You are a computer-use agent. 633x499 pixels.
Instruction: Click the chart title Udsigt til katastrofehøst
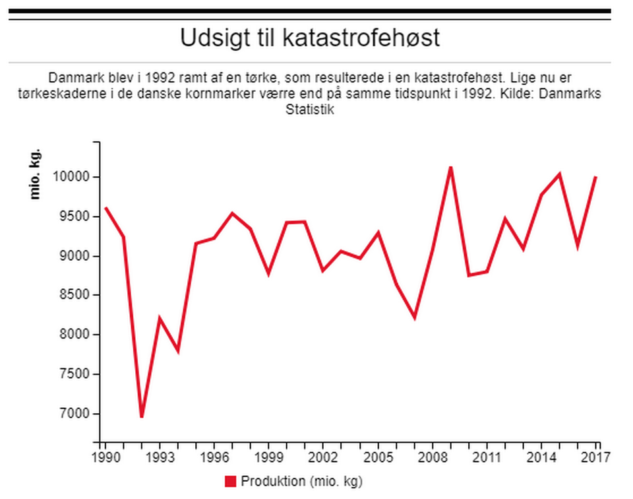click(310, 38)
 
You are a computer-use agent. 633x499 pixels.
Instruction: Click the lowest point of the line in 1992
click(142, 416)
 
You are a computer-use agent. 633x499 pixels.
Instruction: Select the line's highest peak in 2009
click(451, 167)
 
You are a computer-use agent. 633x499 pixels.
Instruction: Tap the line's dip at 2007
click(415, 317)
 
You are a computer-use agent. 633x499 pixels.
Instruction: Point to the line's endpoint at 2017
click(596, 177)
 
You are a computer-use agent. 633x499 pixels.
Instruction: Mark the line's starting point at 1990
click(105, 208)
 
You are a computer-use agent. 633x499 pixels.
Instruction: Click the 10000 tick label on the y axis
click(71, 177)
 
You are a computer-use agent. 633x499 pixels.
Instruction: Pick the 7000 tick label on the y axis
click(74, 414)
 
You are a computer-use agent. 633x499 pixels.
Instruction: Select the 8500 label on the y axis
click(74, 295)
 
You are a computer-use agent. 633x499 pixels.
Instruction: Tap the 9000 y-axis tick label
click(74, 256)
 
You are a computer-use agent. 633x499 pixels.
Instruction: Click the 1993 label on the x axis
click(160, 457)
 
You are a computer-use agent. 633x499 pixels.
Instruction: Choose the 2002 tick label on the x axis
click(323, 457)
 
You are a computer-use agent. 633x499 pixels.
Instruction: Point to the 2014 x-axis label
click(541, 457)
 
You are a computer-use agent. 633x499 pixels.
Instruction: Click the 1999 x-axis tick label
click(268, 457)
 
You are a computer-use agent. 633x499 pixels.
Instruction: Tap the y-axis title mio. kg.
click(35, 174)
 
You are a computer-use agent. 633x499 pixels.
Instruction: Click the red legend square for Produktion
click(231, 481)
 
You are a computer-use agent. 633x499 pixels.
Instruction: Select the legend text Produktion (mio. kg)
click(301, 482)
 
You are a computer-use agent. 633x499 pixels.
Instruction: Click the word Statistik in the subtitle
click(310, 110)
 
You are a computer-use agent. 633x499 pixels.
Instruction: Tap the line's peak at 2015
click(560, 174)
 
